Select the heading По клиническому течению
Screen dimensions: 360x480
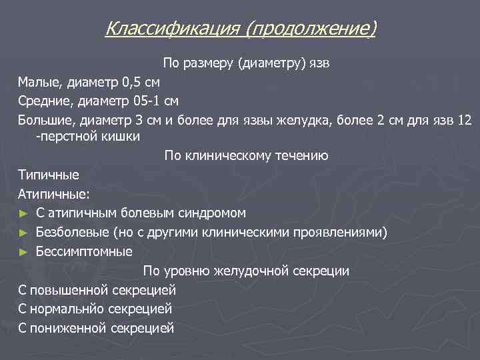pos(246,156)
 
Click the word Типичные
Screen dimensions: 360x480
pos(49,175)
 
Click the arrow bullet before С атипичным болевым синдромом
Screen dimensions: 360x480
pos(23,213)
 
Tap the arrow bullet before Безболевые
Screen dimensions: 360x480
pos(23,233)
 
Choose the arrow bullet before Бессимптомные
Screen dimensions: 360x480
pos(23,252)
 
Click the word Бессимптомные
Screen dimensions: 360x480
pos(84,252)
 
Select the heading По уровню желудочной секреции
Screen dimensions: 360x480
pos(246,271)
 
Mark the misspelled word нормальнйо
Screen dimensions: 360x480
pos(66,309)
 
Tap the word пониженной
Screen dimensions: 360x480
pos(67,328)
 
